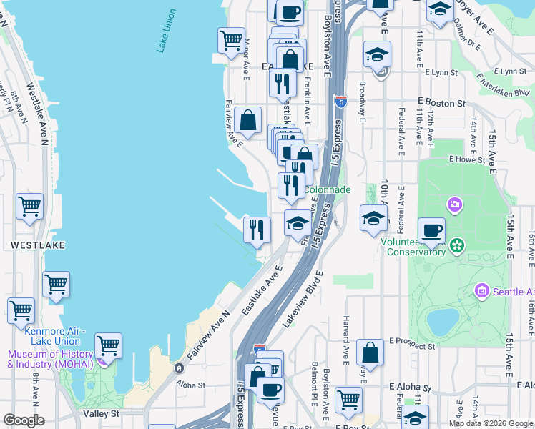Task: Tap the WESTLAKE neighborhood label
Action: tap(38, 245)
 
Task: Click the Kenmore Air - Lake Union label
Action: tap(54, 336)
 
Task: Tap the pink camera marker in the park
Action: tap(455, 206)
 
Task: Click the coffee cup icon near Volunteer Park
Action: tap(431, 231)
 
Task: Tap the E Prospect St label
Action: tap(411, 347)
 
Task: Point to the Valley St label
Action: tap(99, 414)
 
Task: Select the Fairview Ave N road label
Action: tap(208, 335)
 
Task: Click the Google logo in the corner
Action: tap(24, 420)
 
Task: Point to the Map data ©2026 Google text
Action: tap(490, 423)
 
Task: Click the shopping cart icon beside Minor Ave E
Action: tap(231, 40)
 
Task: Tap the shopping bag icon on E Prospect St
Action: tap(370, 352)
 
